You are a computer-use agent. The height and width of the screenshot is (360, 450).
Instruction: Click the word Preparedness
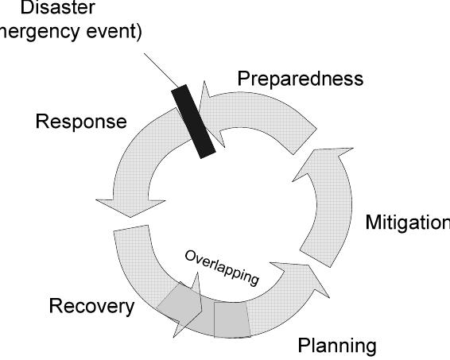300,79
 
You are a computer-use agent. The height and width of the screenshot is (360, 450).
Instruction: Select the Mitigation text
406,222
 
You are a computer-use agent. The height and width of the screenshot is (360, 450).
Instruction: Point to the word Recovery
91,306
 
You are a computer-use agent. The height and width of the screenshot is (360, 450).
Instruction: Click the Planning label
336,346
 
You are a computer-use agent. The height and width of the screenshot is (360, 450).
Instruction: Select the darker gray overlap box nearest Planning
231,319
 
